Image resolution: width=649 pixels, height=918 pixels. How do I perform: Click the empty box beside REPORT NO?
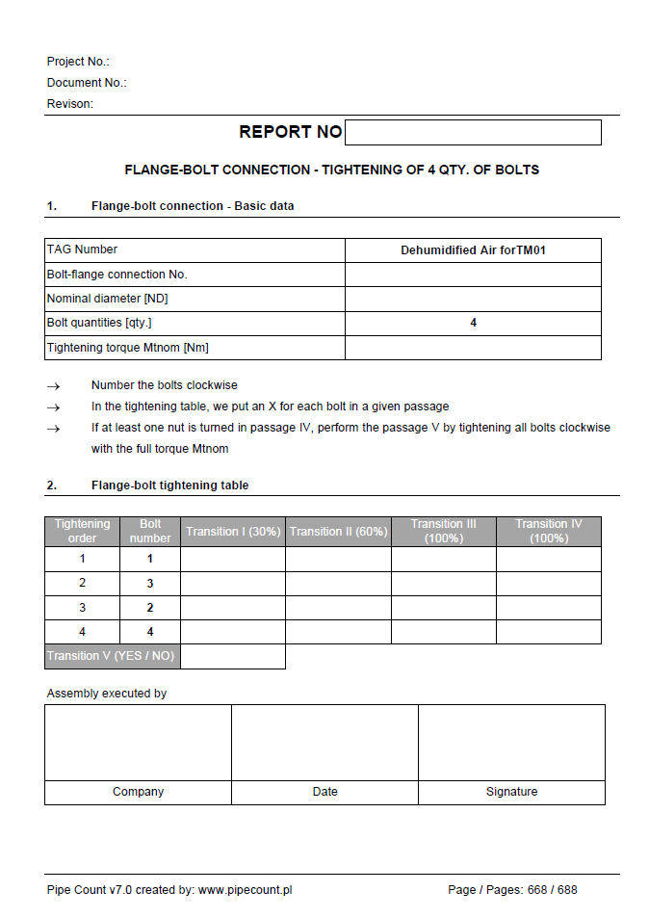tap(473, 132)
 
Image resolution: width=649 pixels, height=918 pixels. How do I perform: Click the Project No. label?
tap(78, 62)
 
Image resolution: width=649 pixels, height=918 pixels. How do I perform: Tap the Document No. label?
tap(87, 83)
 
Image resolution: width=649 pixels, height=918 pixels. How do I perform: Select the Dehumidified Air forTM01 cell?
tap(473, 250)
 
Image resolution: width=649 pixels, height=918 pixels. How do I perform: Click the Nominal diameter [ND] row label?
tap(107, 299)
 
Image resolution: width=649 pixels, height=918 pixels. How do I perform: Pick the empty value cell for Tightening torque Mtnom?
tap(473, 348)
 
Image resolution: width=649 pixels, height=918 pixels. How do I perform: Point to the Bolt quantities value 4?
tap(473, 323)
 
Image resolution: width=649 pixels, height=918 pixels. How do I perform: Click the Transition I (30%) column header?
tap(233, 532)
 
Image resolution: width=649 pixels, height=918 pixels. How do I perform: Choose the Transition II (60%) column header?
tap(338, 532)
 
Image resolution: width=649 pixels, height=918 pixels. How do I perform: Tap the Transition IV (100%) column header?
tap(549, 532)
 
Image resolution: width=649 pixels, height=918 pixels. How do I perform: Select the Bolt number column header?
tap(150, 532)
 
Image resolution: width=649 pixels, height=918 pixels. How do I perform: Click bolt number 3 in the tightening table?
tap(150, 584)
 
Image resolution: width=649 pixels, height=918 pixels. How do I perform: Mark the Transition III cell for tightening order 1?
tap(443, 559)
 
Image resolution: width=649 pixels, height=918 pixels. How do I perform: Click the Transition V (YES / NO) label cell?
tap(113, 656)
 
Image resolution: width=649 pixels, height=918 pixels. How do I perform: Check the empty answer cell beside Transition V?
tap(233, 656)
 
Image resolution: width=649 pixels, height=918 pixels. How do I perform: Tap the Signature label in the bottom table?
tap(511, 792)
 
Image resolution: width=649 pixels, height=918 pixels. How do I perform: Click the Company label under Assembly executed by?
tap(138, 792)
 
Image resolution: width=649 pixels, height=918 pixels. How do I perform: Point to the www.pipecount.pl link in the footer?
tap(245, 890)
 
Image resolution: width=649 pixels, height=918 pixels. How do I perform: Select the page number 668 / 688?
tap(552, 890)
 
